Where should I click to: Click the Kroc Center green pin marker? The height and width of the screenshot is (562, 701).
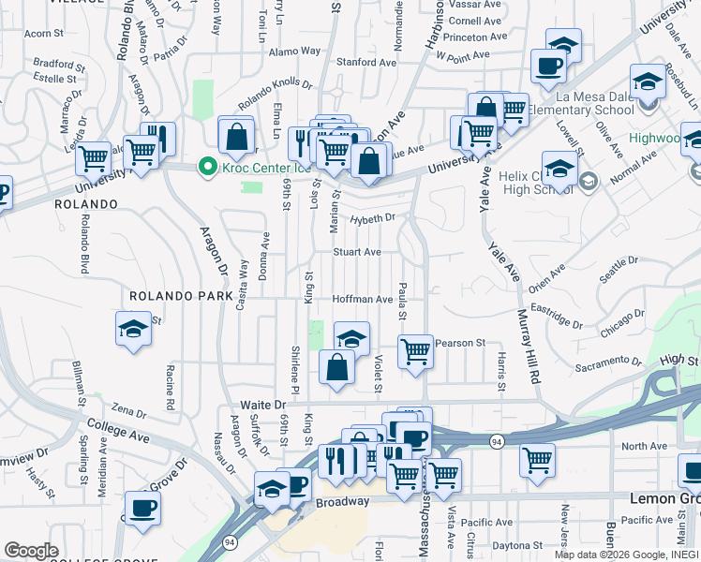[205, 168]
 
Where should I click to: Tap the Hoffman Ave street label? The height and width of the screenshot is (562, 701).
[363, 299]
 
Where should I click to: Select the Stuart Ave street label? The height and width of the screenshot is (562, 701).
[358, 252]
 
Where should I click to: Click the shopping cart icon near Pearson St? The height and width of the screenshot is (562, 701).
[415, 352]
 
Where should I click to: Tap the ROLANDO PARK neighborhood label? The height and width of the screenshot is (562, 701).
[181, 296]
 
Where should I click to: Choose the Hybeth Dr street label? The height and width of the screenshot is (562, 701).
[373, 218]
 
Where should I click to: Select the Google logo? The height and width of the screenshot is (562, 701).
[31, 551]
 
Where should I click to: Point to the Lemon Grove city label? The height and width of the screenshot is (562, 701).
[664, 498]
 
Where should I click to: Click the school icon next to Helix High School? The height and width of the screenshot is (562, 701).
[559, 170]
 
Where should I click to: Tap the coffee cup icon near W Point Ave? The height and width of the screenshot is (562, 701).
[548, 66]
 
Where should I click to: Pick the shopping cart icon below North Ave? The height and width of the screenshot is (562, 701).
[537, 460]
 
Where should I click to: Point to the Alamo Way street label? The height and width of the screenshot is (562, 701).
[294, 51]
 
